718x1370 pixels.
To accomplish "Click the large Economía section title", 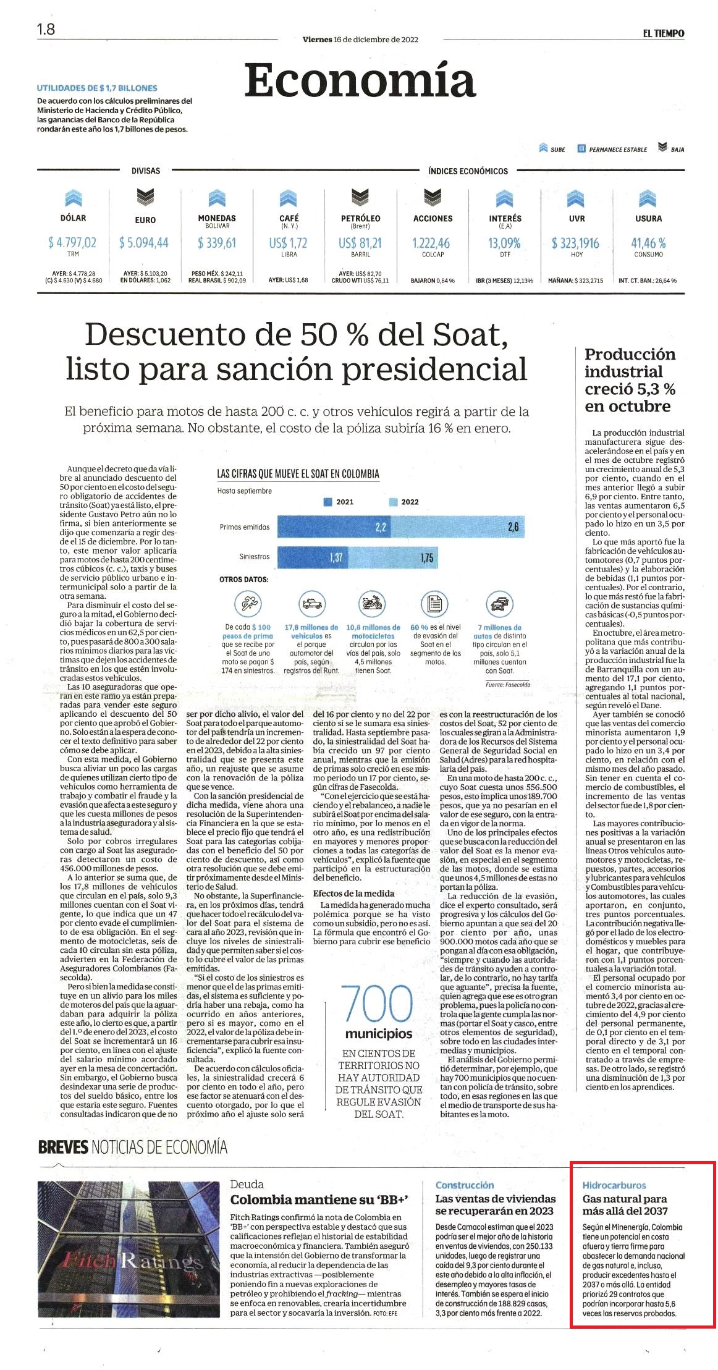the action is pos(360,80).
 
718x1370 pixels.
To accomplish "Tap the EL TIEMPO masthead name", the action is pos(663,33).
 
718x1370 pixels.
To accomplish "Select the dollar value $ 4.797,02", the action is pos(72,243).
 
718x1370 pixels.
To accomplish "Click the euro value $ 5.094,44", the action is pos(144,243).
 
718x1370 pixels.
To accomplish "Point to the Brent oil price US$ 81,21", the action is pos(360,243).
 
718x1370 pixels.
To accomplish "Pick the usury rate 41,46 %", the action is pos(648,243).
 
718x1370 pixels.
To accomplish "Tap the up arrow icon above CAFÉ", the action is pos(289,198).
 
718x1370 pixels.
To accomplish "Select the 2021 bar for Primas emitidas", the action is pos(334,526).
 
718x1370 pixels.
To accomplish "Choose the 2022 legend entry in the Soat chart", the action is pos(404,502).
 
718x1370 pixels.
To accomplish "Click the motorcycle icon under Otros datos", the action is pos(373,603).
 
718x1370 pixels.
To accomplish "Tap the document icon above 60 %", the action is pos(435,603).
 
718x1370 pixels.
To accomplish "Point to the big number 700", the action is pos(377,1004).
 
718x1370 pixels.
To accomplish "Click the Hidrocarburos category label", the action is pos(614,1185).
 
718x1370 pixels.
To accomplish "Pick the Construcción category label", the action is pos(465,1185).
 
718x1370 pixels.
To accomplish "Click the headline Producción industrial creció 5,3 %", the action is pos(630,380).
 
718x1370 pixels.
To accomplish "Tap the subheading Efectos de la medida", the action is pos(353,893).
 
